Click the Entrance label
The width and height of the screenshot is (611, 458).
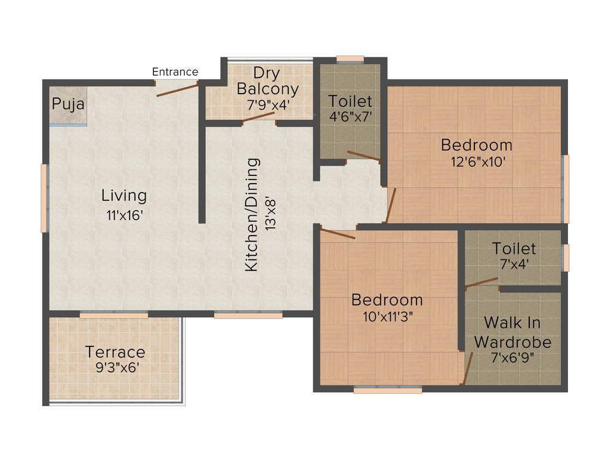[175, 72]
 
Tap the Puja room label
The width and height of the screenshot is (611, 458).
[68, 104]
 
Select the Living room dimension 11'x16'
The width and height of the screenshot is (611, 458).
[124, 215]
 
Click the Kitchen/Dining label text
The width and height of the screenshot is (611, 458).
[252, 215]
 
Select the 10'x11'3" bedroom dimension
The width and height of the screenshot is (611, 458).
[387, 316]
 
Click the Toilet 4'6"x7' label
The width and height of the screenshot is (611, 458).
[350, 101]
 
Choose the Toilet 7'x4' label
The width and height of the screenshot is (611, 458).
[514, 248]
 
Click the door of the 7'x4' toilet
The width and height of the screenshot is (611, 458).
[482, 282]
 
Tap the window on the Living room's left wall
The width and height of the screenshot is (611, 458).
[44, 198]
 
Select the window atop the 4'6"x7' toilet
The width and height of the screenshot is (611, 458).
[350, 59]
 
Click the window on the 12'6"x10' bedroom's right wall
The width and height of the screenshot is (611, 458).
[566, 188]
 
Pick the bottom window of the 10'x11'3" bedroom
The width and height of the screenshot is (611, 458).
[387, 390]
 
